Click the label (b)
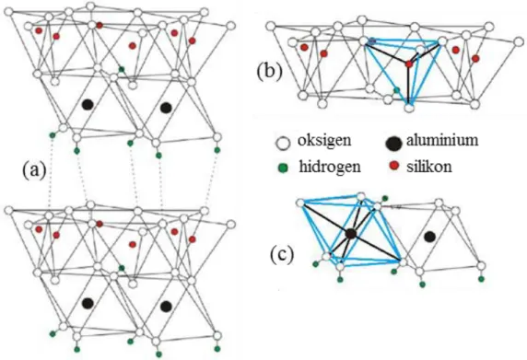pos(270,72)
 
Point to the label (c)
pos(282,255)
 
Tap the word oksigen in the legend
pos(324,141)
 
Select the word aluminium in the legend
pos(442,140)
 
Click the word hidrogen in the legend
pos(330,167)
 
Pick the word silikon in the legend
pos(429,167)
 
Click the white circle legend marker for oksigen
pos(283,144)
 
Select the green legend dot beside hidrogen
pos(284,168)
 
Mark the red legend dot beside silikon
pos(394,165)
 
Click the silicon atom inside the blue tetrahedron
pos(409,64)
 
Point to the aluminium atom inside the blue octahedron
pos(351,233)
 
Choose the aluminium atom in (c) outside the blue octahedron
pos(429,237)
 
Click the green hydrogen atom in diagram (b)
pos(397,89)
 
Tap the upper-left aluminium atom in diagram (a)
pos(88,104)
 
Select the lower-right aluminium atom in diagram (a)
pos(166,306)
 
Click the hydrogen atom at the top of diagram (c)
pos(385,198)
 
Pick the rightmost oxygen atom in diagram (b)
pos(520,42)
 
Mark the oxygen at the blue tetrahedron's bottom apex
pos(409,108)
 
